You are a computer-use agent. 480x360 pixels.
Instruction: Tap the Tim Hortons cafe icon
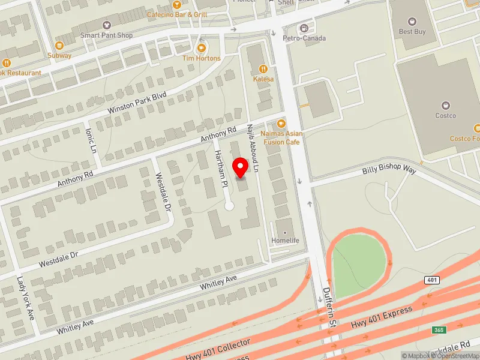point(202,47)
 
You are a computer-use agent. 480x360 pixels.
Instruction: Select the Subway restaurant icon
point(59,45)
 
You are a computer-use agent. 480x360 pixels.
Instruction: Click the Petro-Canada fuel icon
point(304,28)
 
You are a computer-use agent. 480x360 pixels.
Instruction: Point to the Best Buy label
point(412,31)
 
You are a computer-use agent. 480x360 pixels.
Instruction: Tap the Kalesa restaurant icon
point(263,68)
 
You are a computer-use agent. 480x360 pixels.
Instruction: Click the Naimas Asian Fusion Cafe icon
point(281,123)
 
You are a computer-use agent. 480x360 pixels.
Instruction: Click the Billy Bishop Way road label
point(389,171)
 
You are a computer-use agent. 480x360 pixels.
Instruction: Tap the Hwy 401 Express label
point(382,319)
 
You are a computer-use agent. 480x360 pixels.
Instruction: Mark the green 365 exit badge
point(440,330)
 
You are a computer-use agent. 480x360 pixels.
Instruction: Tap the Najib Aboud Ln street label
point(252,149)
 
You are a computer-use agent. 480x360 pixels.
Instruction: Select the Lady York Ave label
point(26,298)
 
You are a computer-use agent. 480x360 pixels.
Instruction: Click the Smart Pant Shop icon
point(107,25)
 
